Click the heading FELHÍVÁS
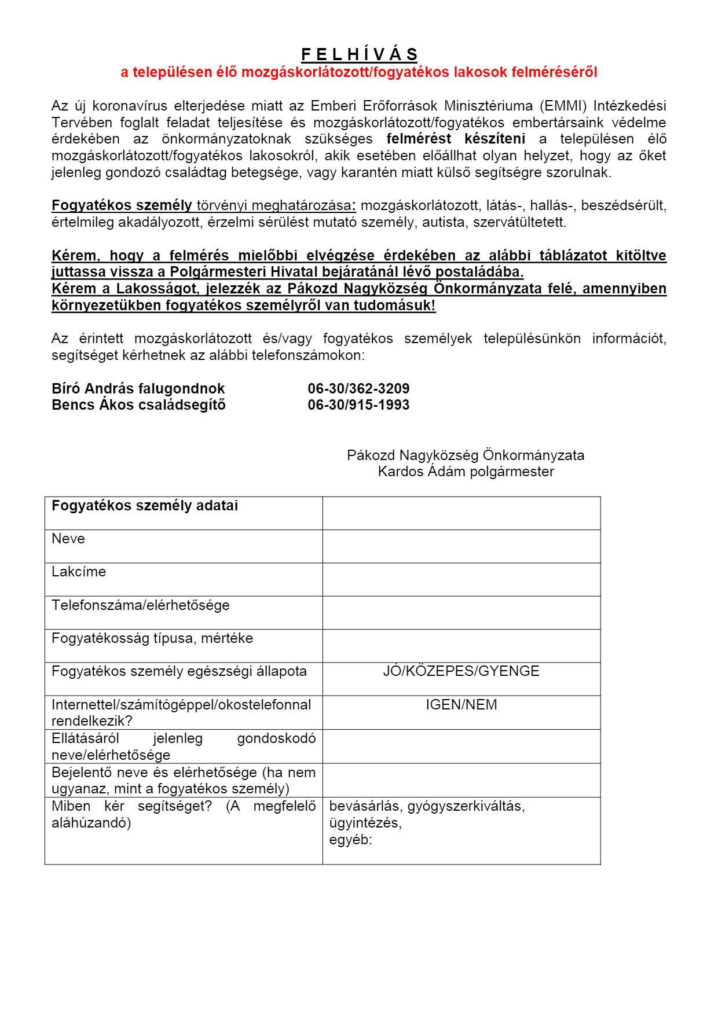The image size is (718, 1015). coord(359,55)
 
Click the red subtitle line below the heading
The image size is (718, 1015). coord(359,72)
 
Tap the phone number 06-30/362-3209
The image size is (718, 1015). coord(358,388)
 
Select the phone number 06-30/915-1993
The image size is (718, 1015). coord(358,404)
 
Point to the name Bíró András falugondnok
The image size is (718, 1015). coord(138,388)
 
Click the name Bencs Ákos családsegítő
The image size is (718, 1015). coord(138,404)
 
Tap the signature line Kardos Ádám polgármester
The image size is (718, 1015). coord(466,472)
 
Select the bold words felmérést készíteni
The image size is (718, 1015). coord(456,139)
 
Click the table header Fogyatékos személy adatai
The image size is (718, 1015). coord(145,506)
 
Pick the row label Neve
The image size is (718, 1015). coord(68,539)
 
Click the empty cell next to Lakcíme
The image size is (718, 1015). coord(461,579)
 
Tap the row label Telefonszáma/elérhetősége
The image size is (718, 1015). coord(141,605)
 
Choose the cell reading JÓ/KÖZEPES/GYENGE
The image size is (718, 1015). coord(461,671)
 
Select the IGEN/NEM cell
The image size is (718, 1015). coord(461,705)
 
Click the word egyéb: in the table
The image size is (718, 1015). coord(350,840)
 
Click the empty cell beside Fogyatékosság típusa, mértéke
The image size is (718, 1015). coord(461,646)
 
